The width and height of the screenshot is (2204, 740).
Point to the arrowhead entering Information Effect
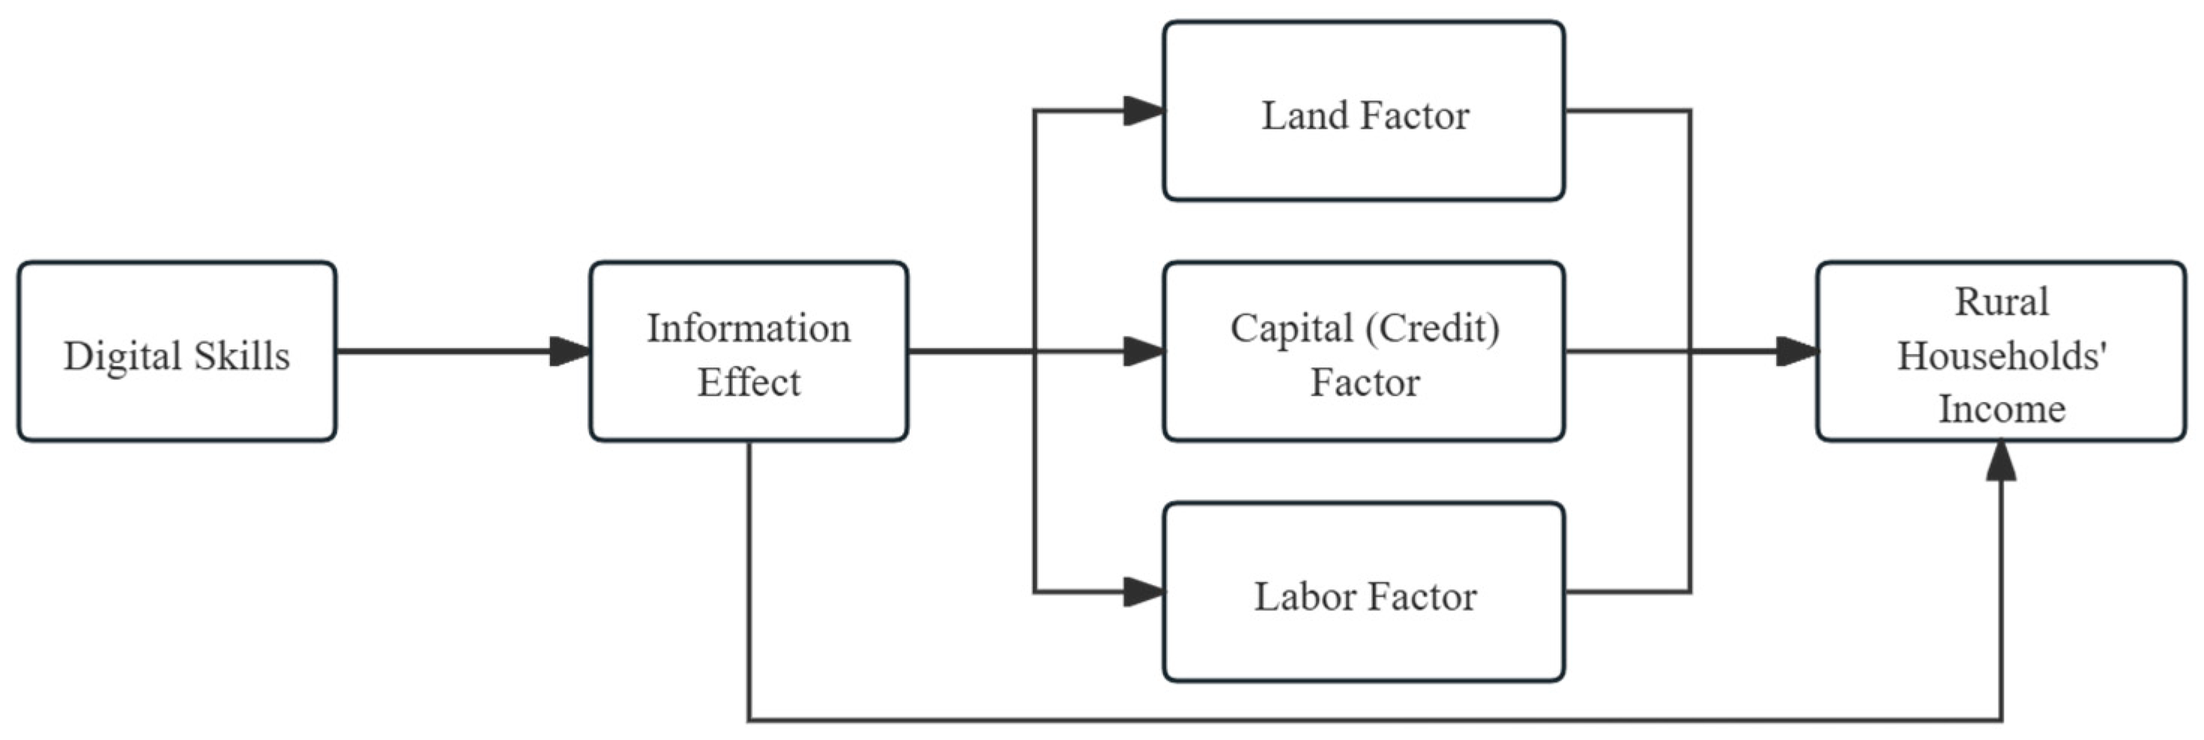coord(570,352)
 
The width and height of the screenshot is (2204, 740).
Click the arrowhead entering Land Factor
coord(1144,110)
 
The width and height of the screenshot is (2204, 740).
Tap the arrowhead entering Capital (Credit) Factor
coord(1144,352)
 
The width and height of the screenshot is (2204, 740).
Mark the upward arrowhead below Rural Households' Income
coord(2001,462)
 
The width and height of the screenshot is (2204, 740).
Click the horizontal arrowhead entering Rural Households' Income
coord(1797,352)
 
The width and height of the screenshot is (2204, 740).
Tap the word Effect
coord(749,382)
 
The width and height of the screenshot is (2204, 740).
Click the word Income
coord(2001,408)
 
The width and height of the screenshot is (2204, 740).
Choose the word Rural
coord(2001,302)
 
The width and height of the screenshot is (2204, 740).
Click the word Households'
coord(2001,355)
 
